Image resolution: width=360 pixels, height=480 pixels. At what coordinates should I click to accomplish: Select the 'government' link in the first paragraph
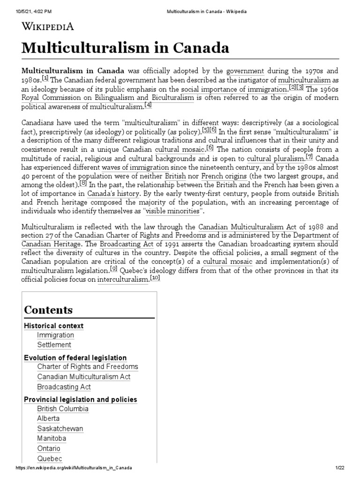click(245, 71)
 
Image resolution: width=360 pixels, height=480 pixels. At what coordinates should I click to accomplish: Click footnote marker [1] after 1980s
click(45, 78)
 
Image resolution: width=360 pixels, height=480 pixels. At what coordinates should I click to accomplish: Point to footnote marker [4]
click(148, 105)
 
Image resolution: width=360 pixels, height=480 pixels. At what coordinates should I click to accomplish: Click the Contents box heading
click(48, 310)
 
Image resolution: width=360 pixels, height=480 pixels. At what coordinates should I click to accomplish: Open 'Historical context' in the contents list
click(54, 325)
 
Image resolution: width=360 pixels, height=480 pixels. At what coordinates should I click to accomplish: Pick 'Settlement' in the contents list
click(54, 345)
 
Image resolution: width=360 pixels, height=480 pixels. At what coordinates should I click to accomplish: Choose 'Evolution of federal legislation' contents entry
click(75, 358)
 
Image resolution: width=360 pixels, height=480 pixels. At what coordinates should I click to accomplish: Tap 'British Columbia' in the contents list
click(63, 408)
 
